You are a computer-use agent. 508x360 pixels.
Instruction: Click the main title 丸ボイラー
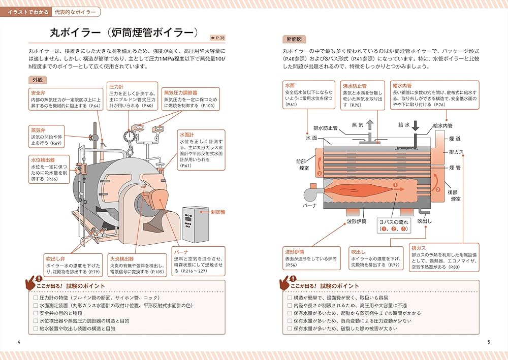75,33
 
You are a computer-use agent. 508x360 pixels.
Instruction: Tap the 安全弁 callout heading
39,93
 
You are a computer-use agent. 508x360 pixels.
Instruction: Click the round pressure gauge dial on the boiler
129,136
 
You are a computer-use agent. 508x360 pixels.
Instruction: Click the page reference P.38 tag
219,37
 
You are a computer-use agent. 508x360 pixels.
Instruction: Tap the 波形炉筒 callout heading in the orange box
295,252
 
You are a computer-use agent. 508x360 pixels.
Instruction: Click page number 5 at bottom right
488,342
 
